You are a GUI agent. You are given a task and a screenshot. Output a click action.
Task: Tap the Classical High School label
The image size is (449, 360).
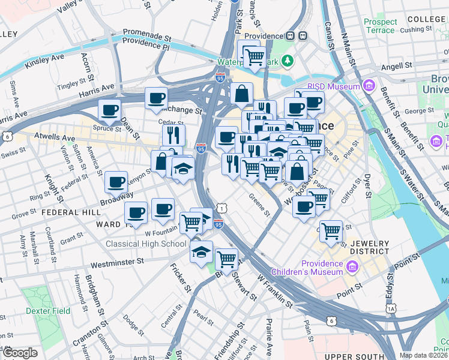click(x=146, y=244)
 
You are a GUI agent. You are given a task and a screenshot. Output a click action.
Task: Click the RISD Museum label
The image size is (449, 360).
click(x=333, y=86)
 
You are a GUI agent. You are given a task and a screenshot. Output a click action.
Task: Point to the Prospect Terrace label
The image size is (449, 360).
click(x=380, y=26)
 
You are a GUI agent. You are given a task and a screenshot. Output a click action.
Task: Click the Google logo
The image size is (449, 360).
click(x=19, y=353)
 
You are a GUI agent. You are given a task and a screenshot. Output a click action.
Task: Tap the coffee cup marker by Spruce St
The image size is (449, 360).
click(x=109, y=110)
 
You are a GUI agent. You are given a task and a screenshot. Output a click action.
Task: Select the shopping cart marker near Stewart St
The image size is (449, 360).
click(x=226, y=259)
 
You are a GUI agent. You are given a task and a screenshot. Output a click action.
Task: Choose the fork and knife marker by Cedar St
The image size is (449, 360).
click(x=173, y=134)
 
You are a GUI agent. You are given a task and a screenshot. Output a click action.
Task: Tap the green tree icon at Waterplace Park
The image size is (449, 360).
click(x=288, y=60)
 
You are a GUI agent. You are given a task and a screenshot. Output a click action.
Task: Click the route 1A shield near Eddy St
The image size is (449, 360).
click(x=391, y=308)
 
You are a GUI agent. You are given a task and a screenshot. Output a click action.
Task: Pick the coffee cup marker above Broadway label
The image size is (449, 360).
click(x=116, y=182)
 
